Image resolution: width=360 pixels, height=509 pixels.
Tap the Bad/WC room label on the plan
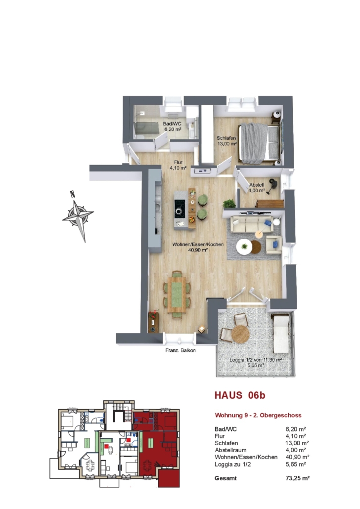coord(173,127)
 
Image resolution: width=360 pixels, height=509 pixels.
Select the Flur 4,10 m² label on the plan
coord(178,165)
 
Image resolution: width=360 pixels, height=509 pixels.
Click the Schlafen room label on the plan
coord(226,141)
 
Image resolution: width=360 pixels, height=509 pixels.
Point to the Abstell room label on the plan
coord(257,188)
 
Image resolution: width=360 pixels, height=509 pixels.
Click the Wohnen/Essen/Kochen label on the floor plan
coord(198,247)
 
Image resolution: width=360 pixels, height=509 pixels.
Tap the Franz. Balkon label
coord(180,350)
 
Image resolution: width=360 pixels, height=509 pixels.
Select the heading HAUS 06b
coord(240,395)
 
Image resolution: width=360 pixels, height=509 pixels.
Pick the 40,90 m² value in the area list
coord(297,457)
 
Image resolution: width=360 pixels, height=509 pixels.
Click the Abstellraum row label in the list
coord(230,450)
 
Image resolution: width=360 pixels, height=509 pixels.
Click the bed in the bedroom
coord(260,143)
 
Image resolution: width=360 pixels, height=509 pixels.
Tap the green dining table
coord(177,294)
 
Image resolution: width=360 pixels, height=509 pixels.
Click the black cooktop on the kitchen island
coord(180,209)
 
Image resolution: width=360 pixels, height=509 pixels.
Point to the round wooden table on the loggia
coord(240,335)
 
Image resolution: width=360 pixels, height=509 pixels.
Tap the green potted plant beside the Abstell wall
coord(229,204)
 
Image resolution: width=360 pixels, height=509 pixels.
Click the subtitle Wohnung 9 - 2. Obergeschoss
coord(258,415)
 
